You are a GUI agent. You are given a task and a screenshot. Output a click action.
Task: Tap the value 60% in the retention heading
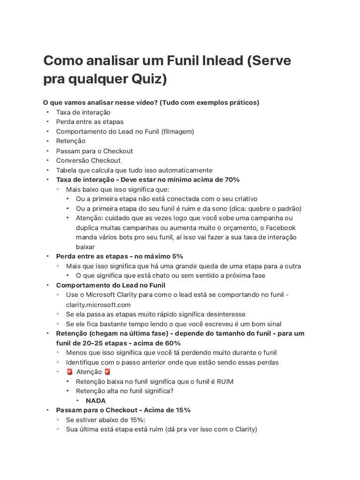(172, 343)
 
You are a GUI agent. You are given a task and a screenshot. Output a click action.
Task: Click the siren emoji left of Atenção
(69, 372)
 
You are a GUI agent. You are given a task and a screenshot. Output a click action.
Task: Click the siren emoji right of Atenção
(107, 372)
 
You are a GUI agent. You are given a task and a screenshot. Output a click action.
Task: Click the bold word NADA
(96, 400)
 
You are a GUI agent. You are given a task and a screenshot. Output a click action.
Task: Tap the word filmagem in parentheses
(177, 132)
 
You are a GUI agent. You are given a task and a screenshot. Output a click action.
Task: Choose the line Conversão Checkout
(88, 160)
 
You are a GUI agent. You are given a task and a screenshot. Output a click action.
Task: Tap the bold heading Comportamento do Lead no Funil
(111, 285)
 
